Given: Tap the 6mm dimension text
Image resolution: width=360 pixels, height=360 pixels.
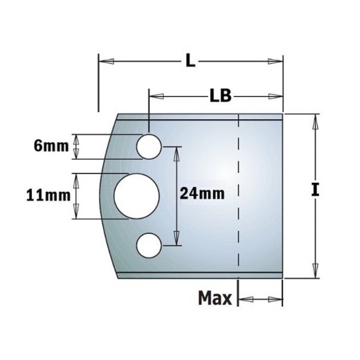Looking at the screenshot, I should click(x=51, y=146).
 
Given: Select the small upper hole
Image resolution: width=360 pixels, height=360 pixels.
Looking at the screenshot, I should click(x=149, y=145).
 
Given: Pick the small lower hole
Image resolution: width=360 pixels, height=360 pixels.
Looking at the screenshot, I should click(x=149, y=245).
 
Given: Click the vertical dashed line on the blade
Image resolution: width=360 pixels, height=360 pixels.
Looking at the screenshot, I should click(x=237, y=194).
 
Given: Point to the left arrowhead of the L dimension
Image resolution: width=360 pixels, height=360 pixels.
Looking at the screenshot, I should click(x=105, y=62).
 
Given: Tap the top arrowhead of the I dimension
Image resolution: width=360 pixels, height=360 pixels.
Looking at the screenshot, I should click(x=316, y=121).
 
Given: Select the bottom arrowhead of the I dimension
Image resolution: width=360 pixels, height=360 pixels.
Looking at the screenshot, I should click(x=316, y=270).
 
